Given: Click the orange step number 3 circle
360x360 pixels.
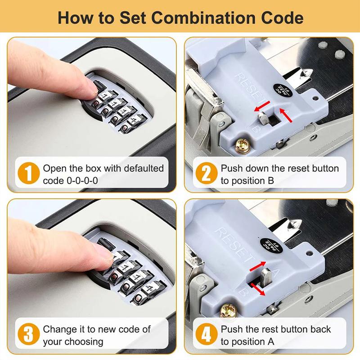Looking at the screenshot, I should point(28,336).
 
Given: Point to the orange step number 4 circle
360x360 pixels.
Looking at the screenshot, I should point(205,336).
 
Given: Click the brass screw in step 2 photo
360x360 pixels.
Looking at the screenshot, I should point(241,145).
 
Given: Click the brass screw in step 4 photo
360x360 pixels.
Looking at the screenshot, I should point(228,310).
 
